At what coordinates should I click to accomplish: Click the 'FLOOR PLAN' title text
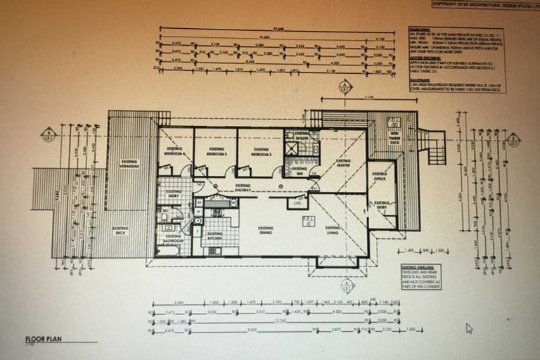44,339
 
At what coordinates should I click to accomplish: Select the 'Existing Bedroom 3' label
216,151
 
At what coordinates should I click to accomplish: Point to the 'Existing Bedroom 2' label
261,151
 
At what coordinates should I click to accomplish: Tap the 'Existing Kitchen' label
214,235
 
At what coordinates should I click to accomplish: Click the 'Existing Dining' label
265,229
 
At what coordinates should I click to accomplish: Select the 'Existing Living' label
332,229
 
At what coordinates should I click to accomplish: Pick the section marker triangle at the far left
48,134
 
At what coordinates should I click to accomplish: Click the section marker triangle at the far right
513,139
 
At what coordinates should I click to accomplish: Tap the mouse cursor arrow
469,328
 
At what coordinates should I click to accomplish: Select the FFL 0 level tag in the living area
307,221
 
